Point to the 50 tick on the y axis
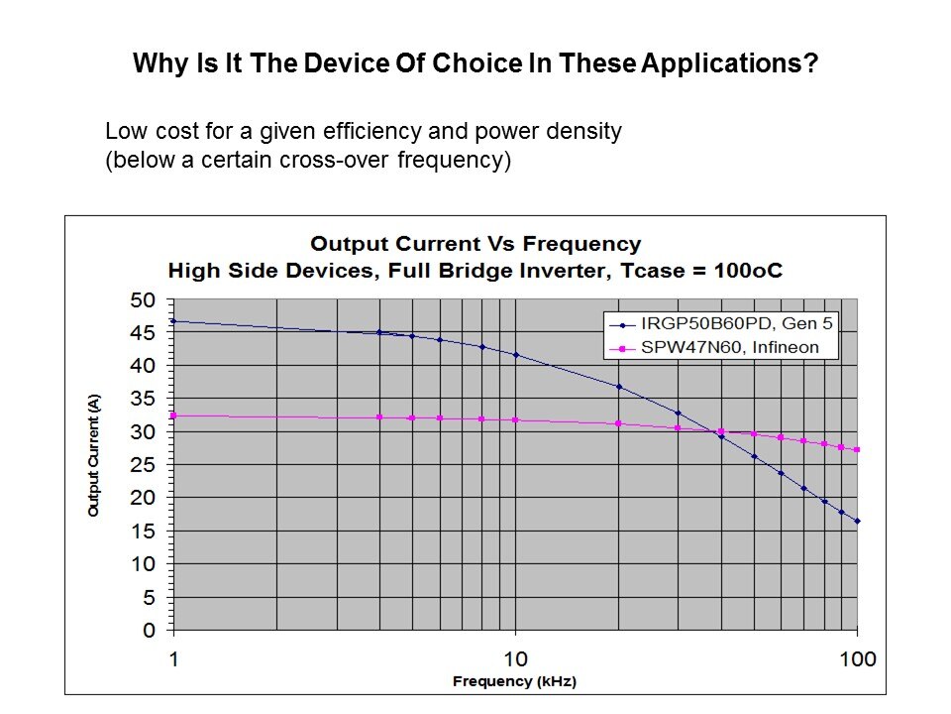tap(144, 299)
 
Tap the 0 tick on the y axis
tap(150, 631)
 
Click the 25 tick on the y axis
tap(144, 465)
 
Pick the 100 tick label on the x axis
tap(857, 658)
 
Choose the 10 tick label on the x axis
tap(515, 658)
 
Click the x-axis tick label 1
tap(173, 658)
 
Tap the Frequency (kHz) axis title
tap(514, 681)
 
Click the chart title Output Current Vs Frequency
tap(475, 244)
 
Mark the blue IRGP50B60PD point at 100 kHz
tap(857, 521)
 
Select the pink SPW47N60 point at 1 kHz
tap(173, 416)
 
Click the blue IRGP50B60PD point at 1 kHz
tap(173, 321)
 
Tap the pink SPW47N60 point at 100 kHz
tap(857, 449)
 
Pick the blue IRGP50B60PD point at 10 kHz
tap(515, 354)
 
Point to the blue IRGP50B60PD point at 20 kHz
tap(618, 387)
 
